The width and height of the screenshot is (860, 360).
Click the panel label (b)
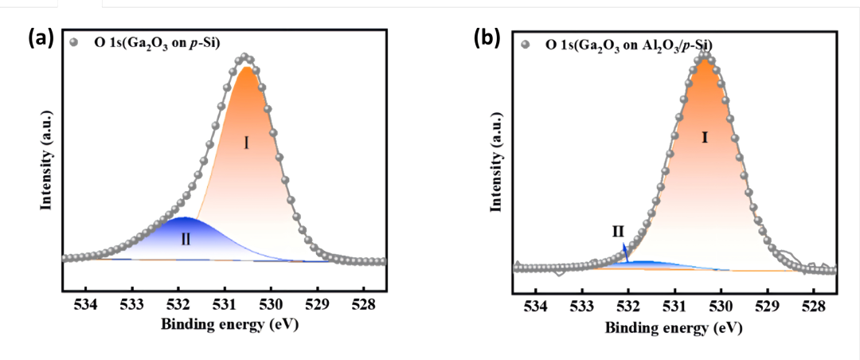pos(487,37)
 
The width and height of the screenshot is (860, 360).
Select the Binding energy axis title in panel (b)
pos(673,327)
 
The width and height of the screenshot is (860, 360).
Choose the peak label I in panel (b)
pos(704,138)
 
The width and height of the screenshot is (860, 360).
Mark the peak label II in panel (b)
pos(618,232)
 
